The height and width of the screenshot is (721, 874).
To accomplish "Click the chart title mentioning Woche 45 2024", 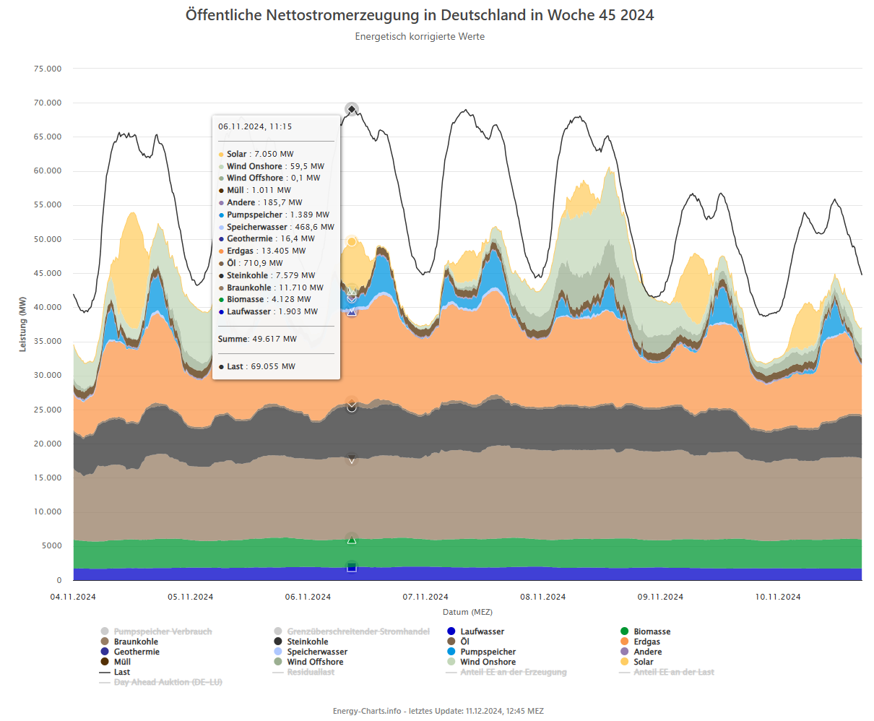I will click(x=420, y=15).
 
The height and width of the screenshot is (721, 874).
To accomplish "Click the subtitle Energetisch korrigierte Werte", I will click(x=420, y=37).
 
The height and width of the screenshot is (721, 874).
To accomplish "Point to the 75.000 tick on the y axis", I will click(x=48, y=69).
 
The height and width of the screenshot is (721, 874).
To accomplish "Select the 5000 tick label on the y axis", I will click(x=52, y=546).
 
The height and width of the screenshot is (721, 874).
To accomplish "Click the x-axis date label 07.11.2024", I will click(x=425, y=597).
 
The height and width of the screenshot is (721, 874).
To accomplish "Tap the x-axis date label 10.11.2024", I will click(x=778, y=597).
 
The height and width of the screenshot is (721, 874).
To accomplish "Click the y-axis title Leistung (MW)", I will click(x=22, y=324).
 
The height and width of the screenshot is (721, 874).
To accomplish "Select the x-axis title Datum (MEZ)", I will click(x=467, y=613).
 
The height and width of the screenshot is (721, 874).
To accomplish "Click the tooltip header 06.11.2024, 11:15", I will click(x=255, y=127).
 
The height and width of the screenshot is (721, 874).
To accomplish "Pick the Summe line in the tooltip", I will click(x=257, y=340).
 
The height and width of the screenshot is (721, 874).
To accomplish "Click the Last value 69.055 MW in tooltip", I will click(x=272, y=367).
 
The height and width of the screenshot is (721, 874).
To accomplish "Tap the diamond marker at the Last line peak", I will click(x=352, y=110).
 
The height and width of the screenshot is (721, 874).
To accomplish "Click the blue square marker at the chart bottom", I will click(x=352, y=568).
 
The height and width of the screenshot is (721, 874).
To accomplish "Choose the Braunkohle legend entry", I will click(x=136, y=642).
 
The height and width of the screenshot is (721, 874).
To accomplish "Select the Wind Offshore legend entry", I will click(x=315, y=662).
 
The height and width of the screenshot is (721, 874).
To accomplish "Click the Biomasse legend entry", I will click(x=652, y=632).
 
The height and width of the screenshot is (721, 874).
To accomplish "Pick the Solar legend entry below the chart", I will click(x=643, y=662).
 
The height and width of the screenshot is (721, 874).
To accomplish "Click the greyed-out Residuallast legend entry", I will click(x=311, y=673).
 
